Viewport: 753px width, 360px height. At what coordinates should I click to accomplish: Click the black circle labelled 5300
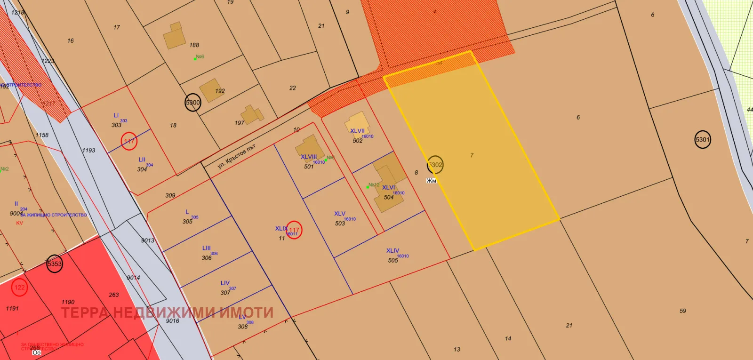point(192,103)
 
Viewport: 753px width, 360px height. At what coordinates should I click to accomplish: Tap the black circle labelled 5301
point(702,140)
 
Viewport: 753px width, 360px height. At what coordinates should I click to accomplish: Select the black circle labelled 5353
point(55,264)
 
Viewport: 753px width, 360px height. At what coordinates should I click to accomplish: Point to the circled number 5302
point(435,165)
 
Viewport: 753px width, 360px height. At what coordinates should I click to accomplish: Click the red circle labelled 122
point(19,288)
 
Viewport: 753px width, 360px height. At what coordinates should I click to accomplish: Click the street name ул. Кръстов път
point(236,156)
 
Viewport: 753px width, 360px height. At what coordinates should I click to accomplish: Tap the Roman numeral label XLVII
point(357,131)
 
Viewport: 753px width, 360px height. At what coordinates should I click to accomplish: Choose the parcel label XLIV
point(393,251)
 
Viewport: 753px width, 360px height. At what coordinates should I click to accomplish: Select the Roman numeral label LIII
point(207,248)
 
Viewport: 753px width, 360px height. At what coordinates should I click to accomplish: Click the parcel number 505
point(393,260)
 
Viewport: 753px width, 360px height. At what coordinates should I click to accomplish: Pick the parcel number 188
point(194,45)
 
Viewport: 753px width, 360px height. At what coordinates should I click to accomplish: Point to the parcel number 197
point(240,123)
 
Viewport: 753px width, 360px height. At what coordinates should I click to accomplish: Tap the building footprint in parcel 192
point(210,90)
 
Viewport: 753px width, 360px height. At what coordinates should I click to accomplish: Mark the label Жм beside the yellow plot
point(431,181)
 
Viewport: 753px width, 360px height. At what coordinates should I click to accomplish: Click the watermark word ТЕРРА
point(85,313)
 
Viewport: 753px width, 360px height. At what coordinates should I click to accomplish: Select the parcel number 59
point(683,311)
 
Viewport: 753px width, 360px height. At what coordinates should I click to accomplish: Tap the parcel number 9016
point(172,321)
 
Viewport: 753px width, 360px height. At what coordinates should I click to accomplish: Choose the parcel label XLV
point(340,214)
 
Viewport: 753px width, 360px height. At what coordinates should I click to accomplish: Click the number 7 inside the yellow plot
point(472,155)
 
